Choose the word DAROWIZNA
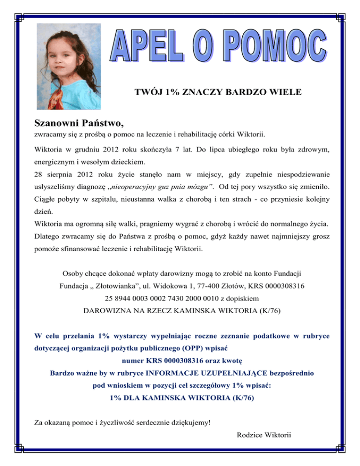109,310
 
